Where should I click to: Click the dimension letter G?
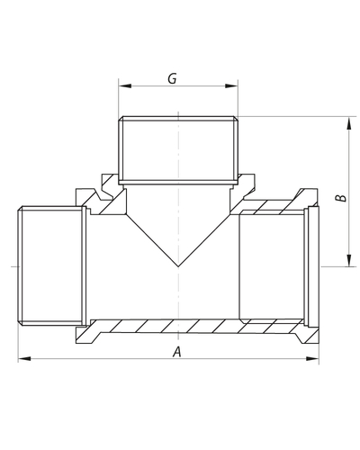172,78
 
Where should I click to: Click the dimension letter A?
177,352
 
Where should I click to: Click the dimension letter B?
341,198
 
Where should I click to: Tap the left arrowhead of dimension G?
125,86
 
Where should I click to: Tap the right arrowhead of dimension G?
231,86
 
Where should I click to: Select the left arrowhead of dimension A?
24,358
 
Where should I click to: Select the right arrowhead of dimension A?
312,358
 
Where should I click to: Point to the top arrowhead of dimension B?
348,123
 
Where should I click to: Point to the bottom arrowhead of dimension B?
348,260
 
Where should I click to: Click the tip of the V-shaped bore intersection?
178,266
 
